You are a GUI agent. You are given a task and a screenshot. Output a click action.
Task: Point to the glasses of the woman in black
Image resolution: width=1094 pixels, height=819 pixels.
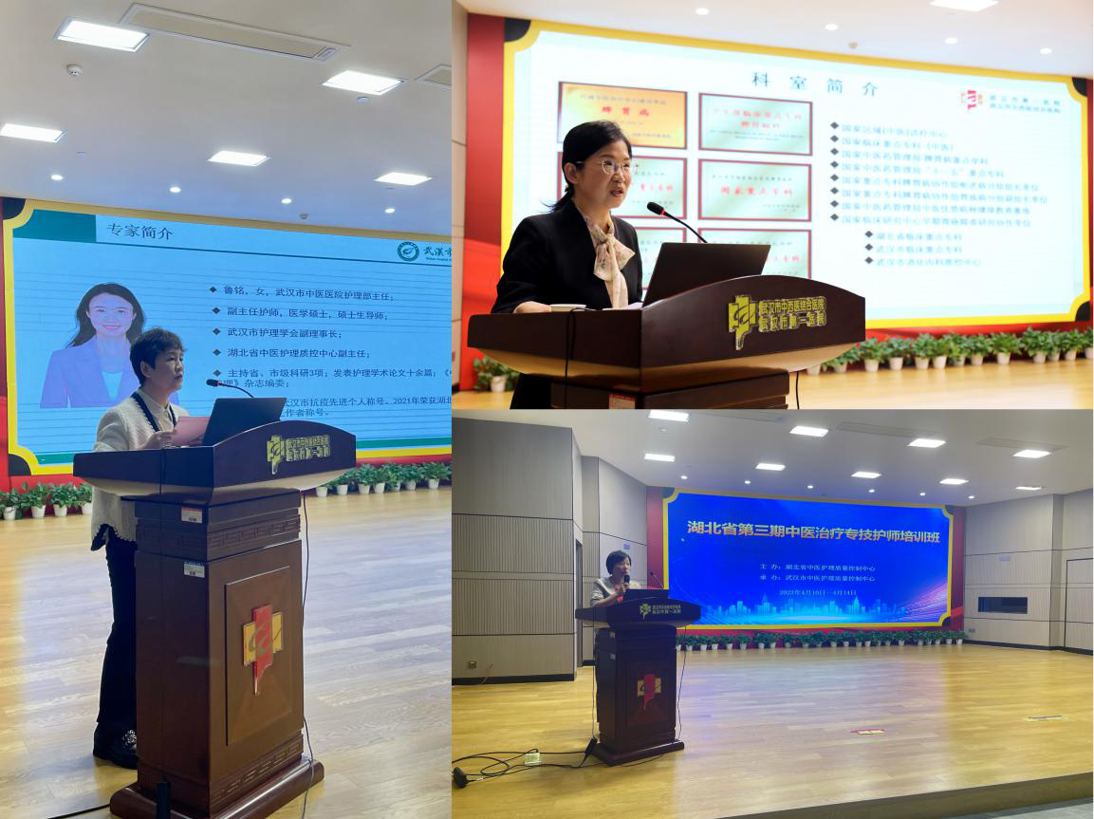[614, 166]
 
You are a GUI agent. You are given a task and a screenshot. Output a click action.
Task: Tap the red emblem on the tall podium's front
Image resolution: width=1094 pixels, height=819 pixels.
[261, 642]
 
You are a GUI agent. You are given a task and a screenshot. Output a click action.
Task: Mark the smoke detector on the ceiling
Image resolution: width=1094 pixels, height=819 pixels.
[74, 70]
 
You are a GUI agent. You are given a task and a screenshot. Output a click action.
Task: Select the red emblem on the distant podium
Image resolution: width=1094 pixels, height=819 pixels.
[648, 686]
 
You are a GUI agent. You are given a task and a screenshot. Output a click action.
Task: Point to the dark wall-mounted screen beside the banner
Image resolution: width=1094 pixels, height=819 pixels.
[1002, 605]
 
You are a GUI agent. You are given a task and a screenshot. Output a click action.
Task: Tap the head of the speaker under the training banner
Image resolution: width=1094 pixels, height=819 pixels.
[618, 562]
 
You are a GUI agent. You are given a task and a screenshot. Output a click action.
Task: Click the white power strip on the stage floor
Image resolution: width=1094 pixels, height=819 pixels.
[531, 757]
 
